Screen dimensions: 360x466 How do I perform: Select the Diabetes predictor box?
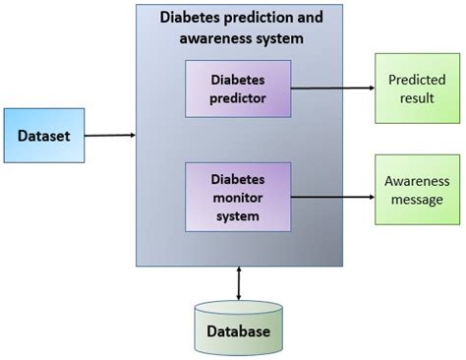pos(238,88)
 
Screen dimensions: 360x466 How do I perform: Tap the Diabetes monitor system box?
pos(238,196)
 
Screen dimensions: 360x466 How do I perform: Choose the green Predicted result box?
pos(416,88)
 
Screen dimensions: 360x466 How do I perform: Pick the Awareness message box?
pos(416,191)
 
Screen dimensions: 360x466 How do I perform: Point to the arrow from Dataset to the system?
pos(109,135)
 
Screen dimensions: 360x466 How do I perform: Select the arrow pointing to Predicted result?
pos(334,88)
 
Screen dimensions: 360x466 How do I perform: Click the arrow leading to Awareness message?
pos(334,196)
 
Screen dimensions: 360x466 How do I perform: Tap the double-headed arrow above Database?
pos(239,282)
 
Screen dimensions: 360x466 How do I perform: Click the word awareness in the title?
pos(214,38)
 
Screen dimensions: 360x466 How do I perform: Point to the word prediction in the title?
pos(257,18)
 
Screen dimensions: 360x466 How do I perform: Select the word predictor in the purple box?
pos(238,97)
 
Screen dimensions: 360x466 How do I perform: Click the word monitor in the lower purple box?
pos(238,196)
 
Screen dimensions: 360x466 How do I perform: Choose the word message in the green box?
pos(416,200)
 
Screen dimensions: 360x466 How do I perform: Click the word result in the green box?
pos(416,97)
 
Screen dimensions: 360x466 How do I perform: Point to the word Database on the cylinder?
pos(238,331)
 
